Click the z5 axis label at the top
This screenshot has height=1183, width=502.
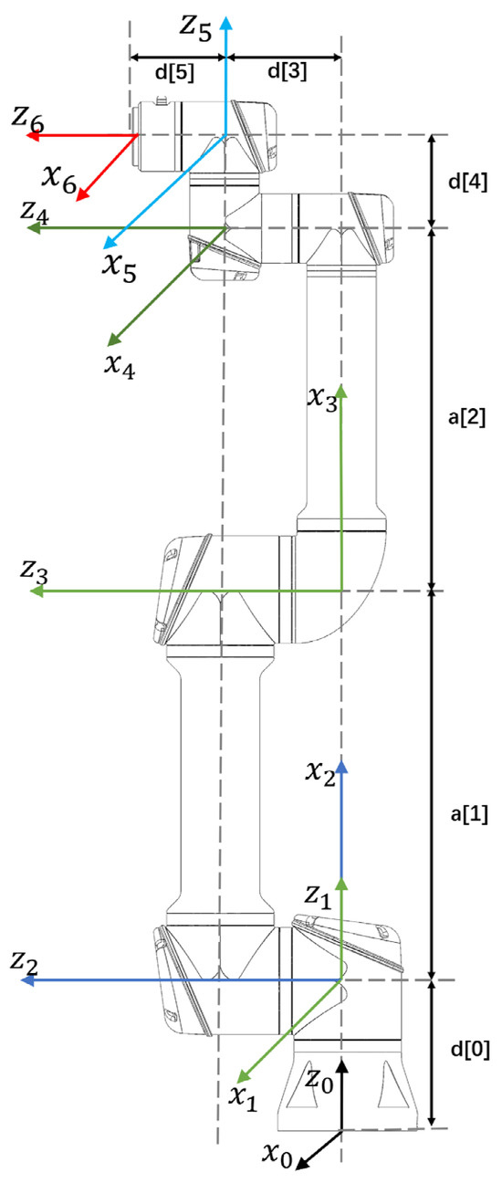(196, 26)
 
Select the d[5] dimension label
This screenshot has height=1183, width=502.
(174, 72)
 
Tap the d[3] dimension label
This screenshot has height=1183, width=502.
(288, 70)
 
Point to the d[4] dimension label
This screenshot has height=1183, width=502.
(467, 182)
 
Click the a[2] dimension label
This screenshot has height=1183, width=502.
(466, 417)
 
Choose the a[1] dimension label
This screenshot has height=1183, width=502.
(469, 815)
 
